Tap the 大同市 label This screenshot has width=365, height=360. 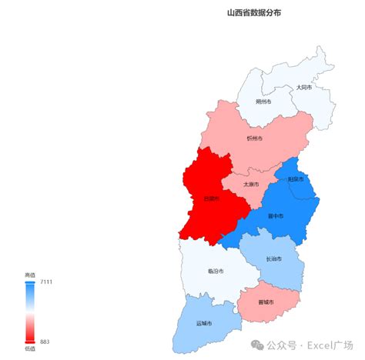click(x=304, y=88)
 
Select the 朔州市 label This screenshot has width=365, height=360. click(x=264, y=102)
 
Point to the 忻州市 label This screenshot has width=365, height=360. click(x=255, y=138)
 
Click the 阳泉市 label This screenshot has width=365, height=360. click(x=296, y=179)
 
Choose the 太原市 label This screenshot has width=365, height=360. click(x=251, y=185)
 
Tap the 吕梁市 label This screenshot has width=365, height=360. click(x=211, y=198)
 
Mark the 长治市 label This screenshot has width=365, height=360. click(x=273, y=259)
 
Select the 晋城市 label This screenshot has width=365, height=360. click(x=266, y=302)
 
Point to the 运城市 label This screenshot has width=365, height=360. click(x=204, y=322)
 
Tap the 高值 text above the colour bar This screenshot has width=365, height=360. click(x=30, y=275)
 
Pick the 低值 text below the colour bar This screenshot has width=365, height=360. click(x=30, y=349)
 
